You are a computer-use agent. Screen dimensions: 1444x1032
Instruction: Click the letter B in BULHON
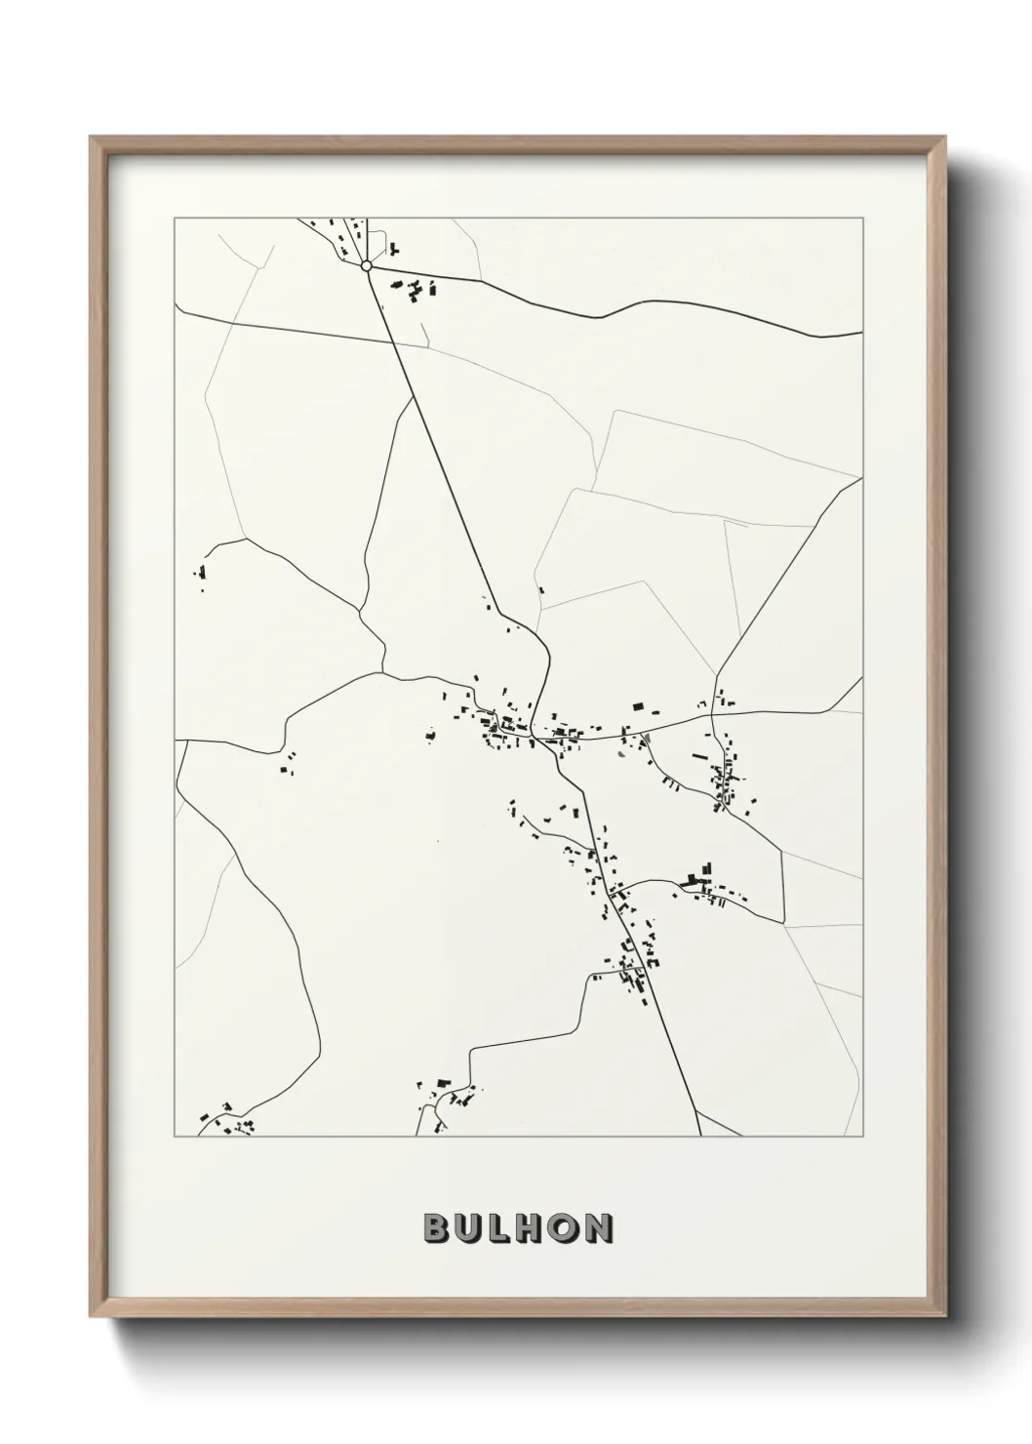click(435, 1228)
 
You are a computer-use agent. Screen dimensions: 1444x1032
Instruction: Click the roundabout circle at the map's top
click(366, 264)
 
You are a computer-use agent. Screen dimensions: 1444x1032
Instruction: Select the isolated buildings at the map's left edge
click(202, 578)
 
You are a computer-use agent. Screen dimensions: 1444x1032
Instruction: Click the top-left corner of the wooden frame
click(91, 138)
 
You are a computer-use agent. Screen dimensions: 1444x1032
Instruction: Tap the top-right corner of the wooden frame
click(946, 138)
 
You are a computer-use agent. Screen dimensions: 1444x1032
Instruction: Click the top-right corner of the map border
click(862, 219)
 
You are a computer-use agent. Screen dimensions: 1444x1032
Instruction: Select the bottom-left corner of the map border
click(175, 1137)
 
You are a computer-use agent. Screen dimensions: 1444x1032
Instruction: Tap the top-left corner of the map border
click(175, 219)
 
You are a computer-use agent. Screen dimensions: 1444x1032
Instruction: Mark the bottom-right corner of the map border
click(862, 1137)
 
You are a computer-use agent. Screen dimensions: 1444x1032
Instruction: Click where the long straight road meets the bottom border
click(701, 1136)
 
